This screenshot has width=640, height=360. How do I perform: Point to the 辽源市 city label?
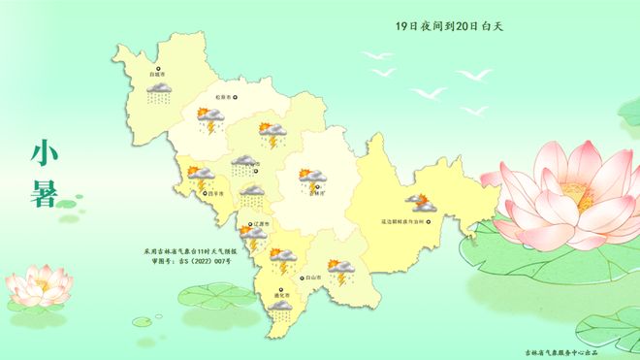tap(258, 224)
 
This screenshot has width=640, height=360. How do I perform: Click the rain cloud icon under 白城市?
tap(159, 94)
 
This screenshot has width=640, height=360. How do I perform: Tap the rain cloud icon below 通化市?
tap(280, 311)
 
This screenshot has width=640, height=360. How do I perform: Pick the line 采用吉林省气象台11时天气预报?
tap(182, 250)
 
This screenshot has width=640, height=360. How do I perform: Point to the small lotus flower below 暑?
tap(39, 284)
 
